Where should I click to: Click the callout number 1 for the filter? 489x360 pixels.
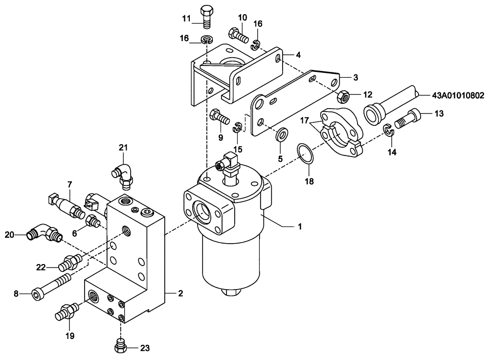coord(300,226)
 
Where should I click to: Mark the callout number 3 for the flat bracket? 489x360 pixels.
coord(356,77)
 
